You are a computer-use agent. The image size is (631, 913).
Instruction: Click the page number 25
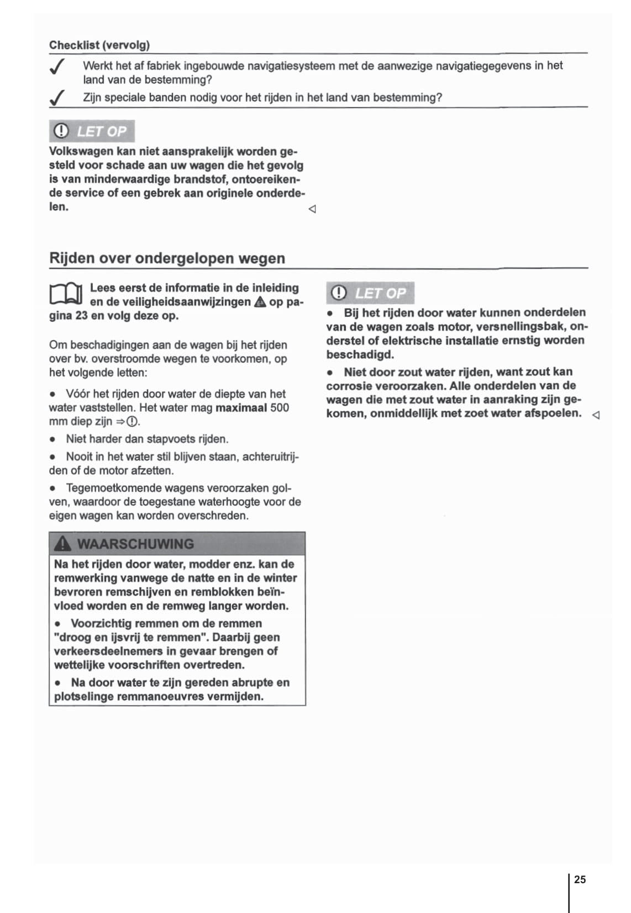tap(580, 879)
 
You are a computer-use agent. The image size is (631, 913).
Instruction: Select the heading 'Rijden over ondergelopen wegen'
tap(167, 258)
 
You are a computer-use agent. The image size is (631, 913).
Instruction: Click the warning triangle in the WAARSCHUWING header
tap(63, 544)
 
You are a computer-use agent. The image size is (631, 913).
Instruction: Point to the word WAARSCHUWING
tap(135, 544)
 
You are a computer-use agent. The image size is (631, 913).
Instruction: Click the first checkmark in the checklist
tap(57, 67)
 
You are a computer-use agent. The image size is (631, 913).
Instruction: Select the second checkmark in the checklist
tap(57, 98)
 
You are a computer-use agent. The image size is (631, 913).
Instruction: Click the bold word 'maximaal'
tap(241, 408)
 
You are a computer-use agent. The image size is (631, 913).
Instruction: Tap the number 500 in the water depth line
tap(280, 408)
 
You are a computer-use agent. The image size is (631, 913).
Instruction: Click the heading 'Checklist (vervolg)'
tap(99, 45)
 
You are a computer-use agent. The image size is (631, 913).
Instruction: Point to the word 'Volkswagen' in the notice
tap(81, 151)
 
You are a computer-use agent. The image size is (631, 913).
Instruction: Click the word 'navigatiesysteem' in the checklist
tap(291, 66)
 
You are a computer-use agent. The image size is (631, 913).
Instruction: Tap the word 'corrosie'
tap(348, 385)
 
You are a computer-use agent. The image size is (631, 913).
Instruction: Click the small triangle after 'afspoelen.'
tap(596, 415)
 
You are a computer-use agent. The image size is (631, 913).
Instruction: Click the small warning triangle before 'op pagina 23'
tap(260, 302)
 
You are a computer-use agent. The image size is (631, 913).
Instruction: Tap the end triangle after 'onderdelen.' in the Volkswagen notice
tap(312, 209)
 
